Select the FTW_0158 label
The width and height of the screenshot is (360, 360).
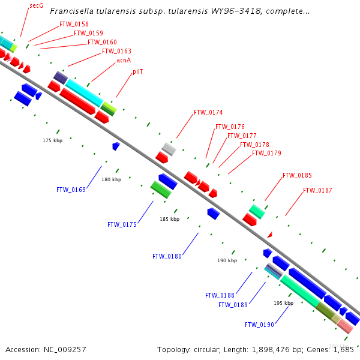pos(74,24)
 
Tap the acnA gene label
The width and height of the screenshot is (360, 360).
pos(124,60)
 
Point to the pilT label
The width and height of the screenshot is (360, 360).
pos(137,71)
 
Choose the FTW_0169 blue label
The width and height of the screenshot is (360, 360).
pos(71,190)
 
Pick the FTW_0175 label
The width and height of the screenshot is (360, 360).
pos(122,224)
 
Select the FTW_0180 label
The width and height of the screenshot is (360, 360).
pos(167,256)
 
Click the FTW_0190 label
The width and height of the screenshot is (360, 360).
pos(259,325)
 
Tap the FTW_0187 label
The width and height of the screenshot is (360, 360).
pos(317,190)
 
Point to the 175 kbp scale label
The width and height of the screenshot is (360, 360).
pos(52,140)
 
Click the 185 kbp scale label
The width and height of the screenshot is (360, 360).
pos(169,219)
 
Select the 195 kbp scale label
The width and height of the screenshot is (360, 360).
pos(283,303)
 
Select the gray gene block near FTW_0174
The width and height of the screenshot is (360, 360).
pos(169,149)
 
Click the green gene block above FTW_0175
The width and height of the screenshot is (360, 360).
pos(161,190)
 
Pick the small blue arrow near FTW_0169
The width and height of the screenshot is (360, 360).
pos(116,146)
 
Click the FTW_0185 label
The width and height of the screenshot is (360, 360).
pos(297,175)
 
